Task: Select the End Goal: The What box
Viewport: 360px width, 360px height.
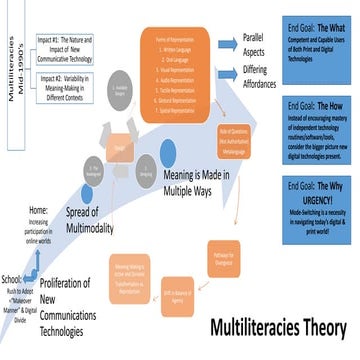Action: tap(313, 44)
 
